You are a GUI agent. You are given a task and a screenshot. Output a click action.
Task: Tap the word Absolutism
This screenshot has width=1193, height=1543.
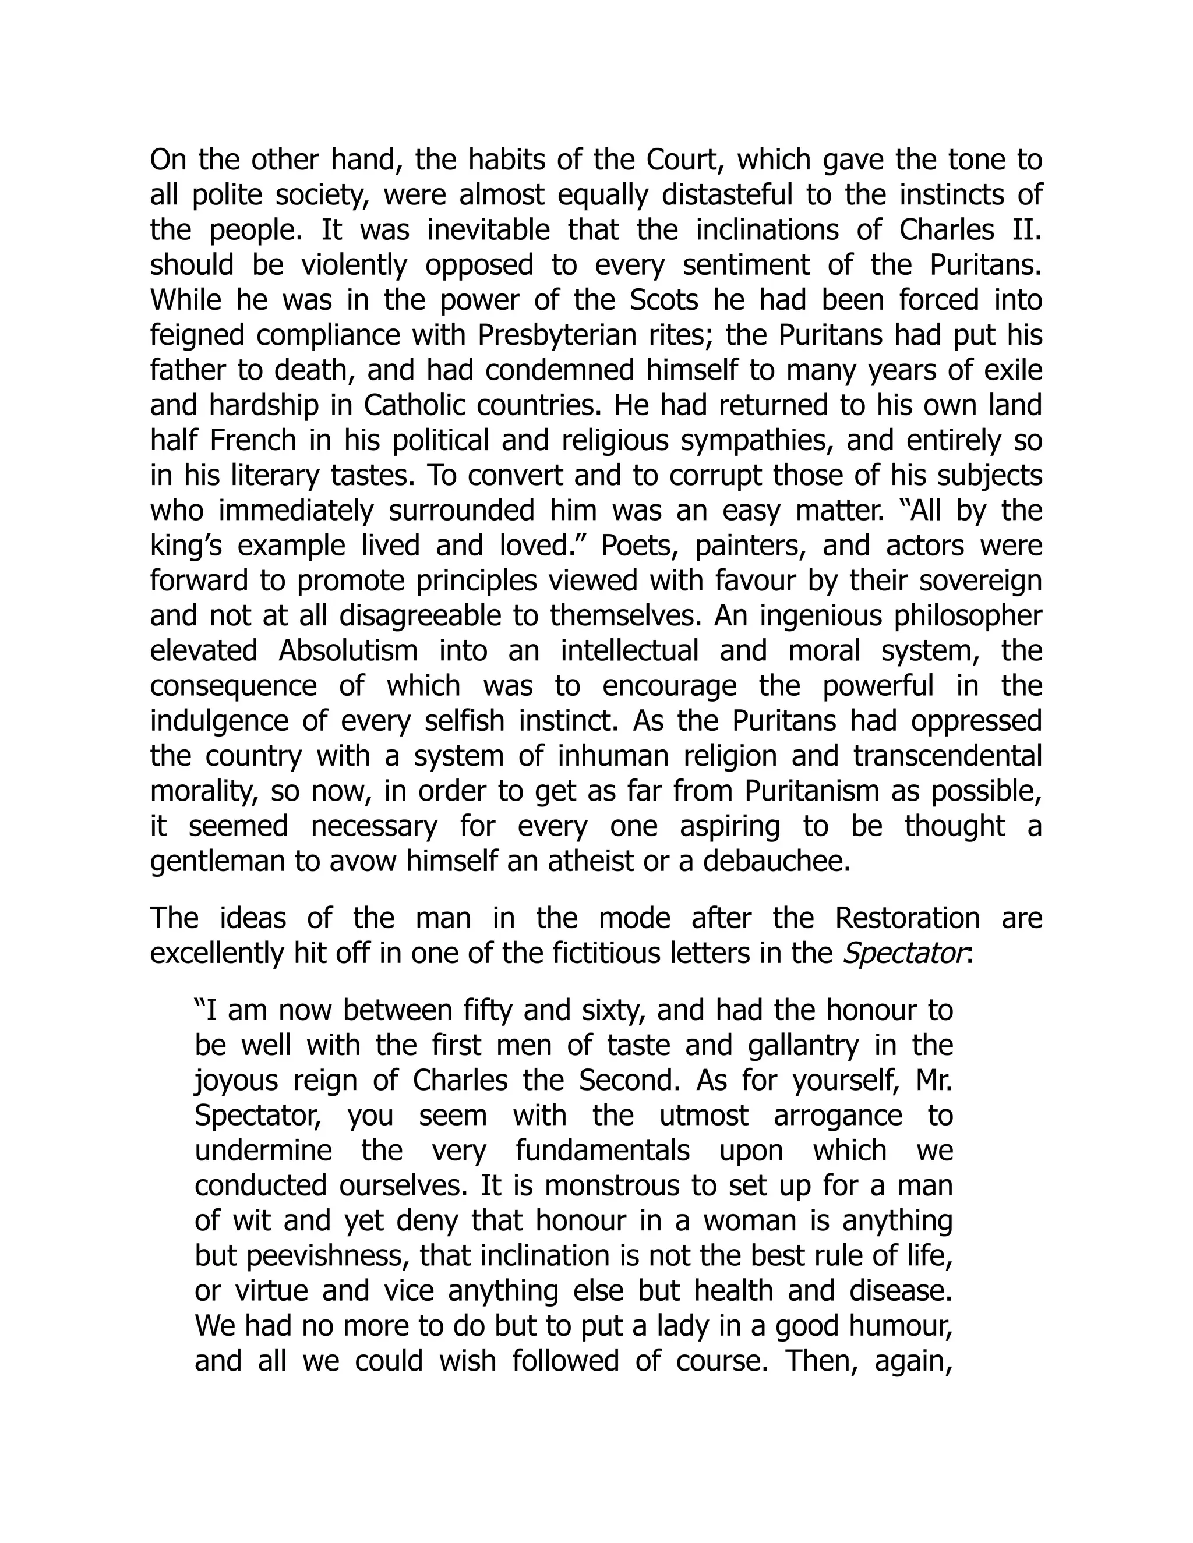pyautogui.click(x=348, y=651)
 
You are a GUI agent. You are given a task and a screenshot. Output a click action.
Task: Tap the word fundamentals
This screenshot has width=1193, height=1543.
pyautogui.click(x=602, y=1151)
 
